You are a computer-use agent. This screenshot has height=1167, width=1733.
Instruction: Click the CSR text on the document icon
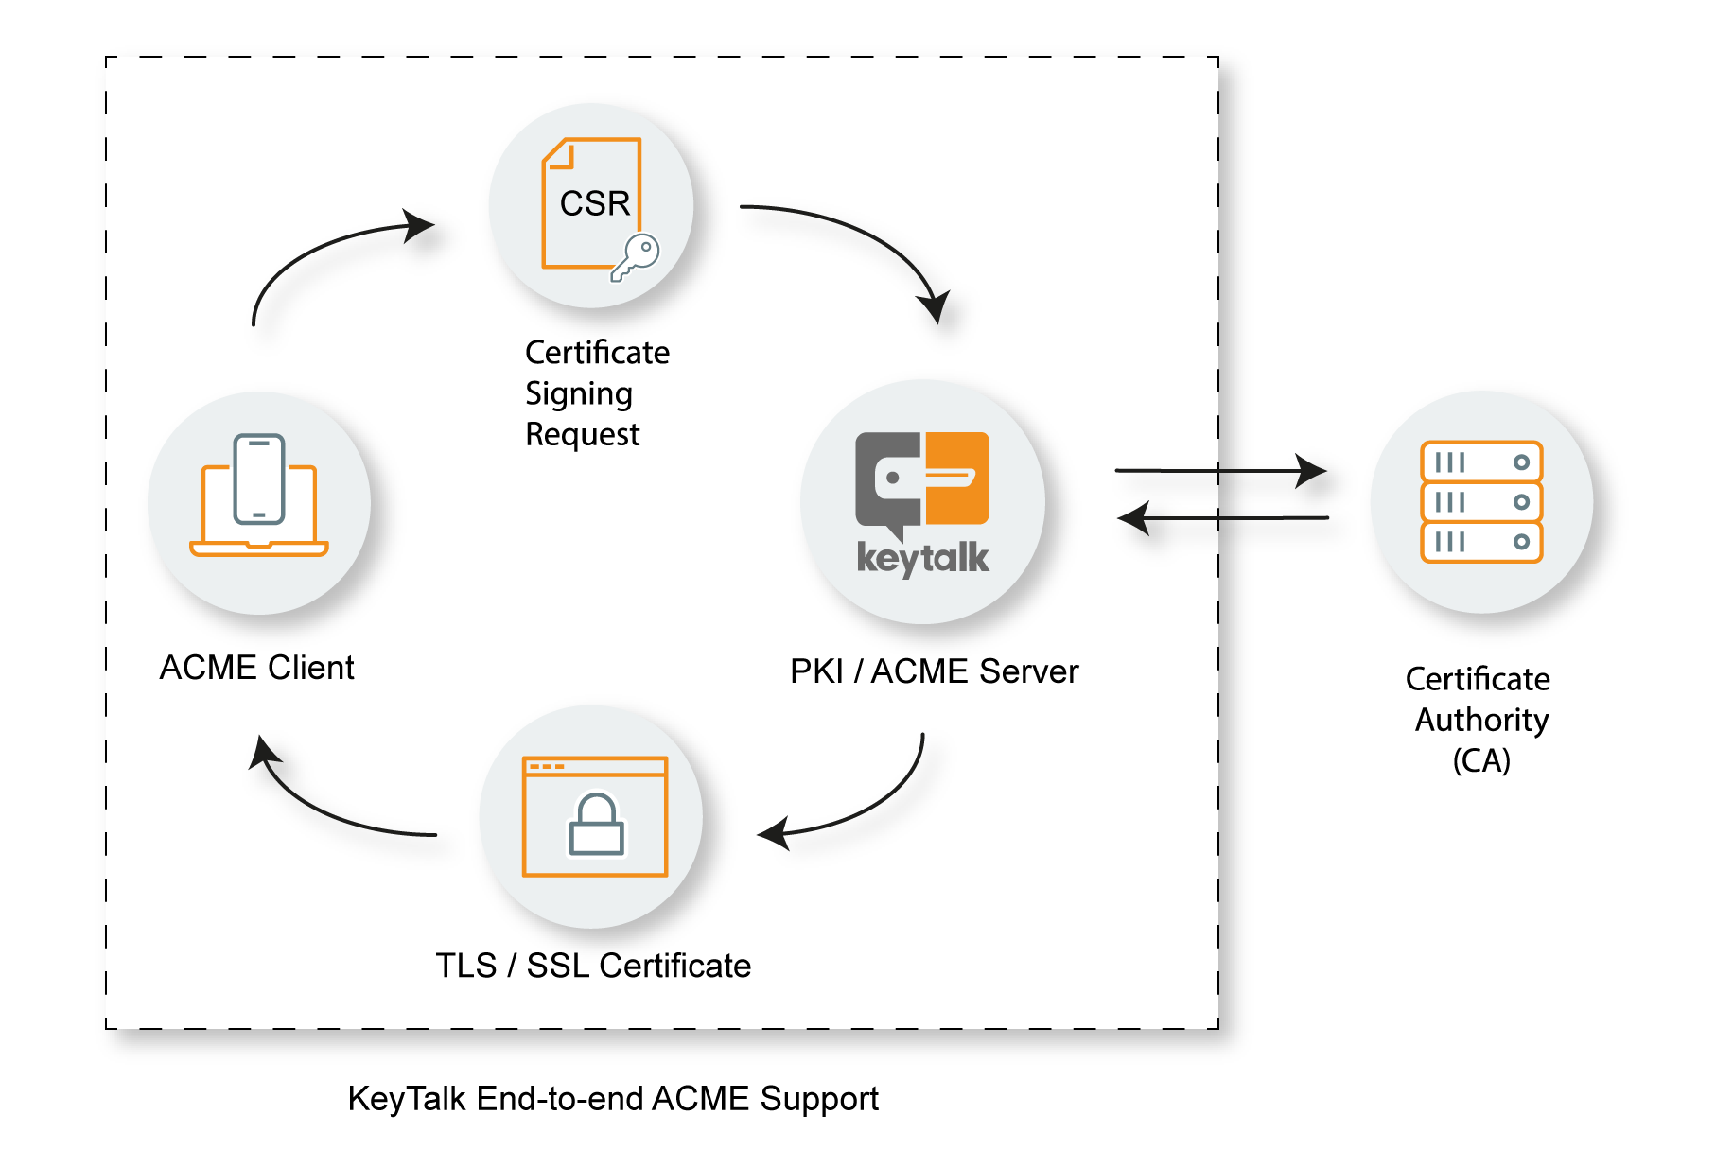[x=594, y=203]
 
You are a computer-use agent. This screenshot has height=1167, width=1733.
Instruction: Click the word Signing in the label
[x=578, y=393]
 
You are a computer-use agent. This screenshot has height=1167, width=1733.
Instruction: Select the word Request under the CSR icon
[x=582, y=434]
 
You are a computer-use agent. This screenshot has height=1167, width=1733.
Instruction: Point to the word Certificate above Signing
[x=597, y=353]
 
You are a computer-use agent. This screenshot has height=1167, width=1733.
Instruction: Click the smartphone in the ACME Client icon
[x=259, y=479]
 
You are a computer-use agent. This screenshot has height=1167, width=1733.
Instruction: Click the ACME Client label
[x=256, y=668]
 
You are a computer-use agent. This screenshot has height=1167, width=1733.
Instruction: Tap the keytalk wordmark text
[x=922, y=558]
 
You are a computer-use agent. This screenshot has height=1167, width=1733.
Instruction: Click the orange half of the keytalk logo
[x=956, y=478]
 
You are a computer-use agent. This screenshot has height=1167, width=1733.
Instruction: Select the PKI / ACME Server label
[x=934, y=671]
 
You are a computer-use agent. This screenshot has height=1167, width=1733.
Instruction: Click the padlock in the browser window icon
[x=596, y=825]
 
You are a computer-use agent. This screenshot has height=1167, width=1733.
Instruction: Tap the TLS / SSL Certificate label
[x=593, y=966]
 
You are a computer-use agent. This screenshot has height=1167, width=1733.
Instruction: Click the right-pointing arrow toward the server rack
[x=1220, y=470]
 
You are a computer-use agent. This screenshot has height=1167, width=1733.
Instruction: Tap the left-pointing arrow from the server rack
[x=1220, y=518]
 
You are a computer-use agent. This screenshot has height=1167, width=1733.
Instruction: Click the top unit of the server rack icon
[x=1481, y=462]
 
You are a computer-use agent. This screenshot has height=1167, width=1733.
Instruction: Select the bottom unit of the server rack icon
[x=1481, y=542]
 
